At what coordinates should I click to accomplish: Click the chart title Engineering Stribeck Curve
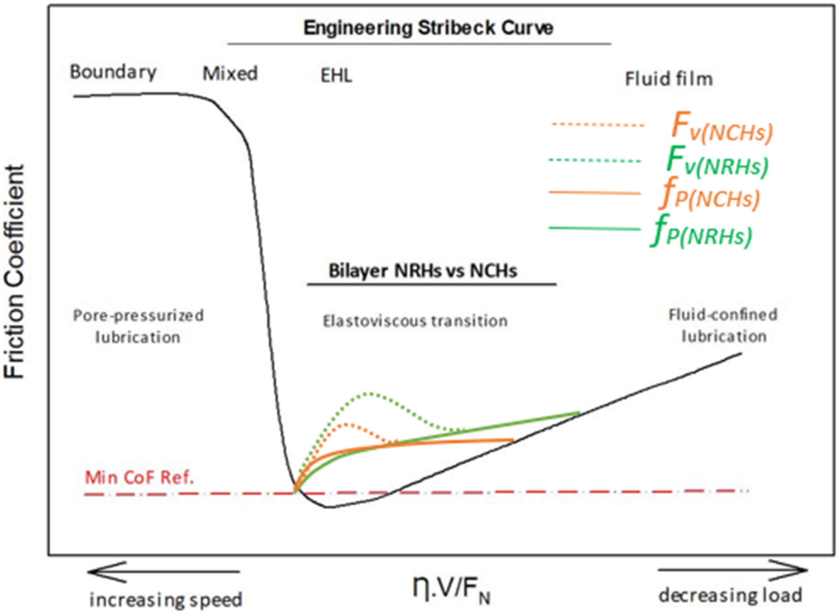(x=428, y=28)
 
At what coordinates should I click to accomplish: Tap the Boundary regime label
(x=113, y=73)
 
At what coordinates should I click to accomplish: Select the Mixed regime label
(x=230, y=74)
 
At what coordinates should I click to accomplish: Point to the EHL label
(x=336, y=76)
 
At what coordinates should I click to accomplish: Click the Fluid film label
(x=669, y=79)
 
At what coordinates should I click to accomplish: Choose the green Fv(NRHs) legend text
(x=717, y=162)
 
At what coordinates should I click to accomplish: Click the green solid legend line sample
(x=595, y=228)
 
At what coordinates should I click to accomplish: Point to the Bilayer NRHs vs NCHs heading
(x=423, y=271)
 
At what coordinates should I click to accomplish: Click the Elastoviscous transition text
(x=415, y=321)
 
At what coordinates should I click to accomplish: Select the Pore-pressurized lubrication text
(x=138, y=326)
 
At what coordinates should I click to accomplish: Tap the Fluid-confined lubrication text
(x=723, y=325)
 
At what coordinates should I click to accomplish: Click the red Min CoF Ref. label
(x=139, y=477)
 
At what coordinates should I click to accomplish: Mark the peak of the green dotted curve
(x=370, y=394)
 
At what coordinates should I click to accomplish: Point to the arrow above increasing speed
(x=163, y=572)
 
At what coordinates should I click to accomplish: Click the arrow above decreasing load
(x=732, y=570)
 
